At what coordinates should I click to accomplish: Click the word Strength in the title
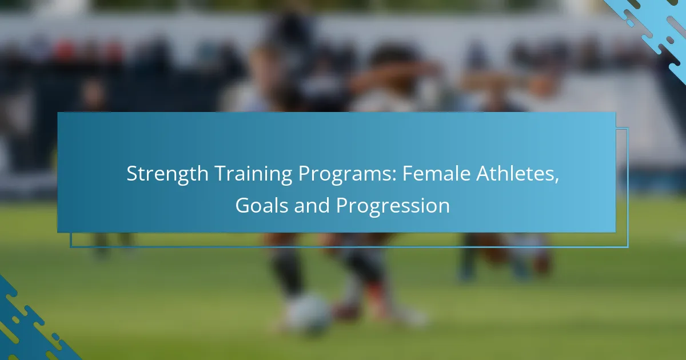coord(167,174)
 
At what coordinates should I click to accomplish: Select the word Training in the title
coord(253,174)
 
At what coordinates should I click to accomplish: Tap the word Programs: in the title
coord(348,174)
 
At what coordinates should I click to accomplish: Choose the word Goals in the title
coord(262,205)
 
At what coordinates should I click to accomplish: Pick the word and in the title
coord(312,205)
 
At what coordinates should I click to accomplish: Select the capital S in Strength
coord(132,174)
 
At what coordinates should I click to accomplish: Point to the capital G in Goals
coord(243,205)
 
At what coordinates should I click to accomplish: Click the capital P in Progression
coord(342,205)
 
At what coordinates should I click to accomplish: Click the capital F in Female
coord(408,174)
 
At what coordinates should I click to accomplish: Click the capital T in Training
coord(221,174)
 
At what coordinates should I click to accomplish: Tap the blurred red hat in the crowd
coord(65,49)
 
